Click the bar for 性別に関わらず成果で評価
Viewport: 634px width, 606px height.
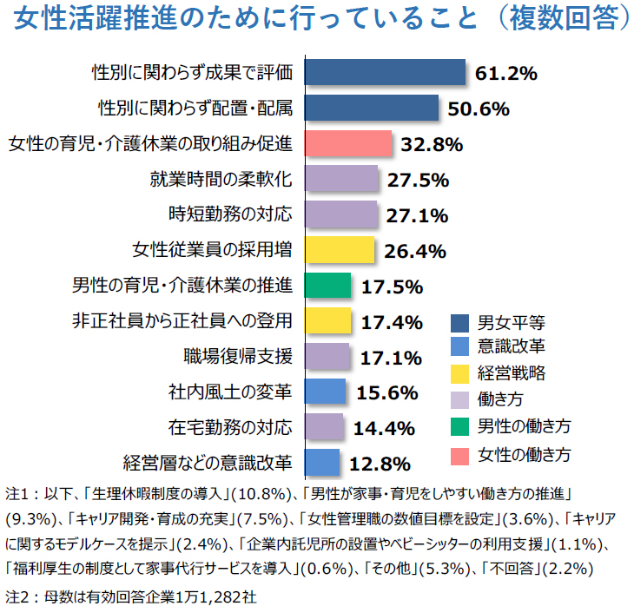[x=385, y=72]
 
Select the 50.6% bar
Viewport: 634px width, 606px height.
[x=371, y=108]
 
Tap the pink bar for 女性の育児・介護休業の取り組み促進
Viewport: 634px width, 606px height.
[x=348, y=143]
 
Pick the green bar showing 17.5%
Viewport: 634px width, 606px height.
[x=327, y=286]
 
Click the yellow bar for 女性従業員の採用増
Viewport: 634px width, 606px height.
[x=340, y=250]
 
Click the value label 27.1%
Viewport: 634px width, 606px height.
[x=416, y=215]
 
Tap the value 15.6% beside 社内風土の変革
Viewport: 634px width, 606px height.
[x=388, y=392]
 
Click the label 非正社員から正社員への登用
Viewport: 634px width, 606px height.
[x=182, y=320]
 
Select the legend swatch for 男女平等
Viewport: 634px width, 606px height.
[x=461, y=323]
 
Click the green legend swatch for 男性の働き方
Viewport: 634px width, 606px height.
[x=461, y=427]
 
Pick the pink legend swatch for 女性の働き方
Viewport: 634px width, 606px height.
[x=461, y=453]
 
